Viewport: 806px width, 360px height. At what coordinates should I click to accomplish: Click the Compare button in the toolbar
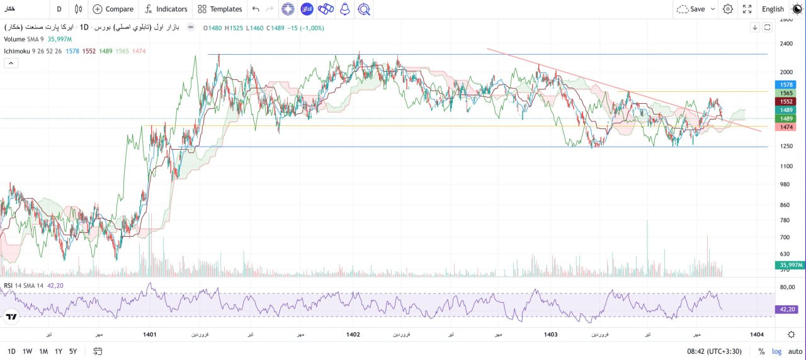tap(113, 9)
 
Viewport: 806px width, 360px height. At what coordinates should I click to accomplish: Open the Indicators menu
tap(166, 9)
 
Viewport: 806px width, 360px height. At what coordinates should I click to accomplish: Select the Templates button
tap(220, 9)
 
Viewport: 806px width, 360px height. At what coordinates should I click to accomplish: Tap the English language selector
tap(773, 9)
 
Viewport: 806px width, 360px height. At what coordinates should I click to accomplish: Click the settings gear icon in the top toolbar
tap(728, 9)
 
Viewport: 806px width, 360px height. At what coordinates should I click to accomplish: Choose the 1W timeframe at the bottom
tap(27, 351)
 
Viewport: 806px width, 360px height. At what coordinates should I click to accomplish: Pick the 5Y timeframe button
tap(73, 351)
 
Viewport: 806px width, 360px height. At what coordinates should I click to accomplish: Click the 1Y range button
tap(59, 351)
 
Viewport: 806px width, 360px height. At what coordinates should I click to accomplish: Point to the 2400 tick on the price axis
tap(786, 43)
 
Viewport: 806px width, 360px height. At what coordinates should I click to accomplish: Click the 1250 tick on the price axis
tap(786, 146)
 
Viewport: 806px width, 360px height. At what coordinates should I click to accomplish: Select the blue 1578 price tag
tap(787, 84)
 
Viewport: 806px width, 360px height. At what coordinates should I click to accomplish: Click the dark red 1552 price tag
tap(787, 101)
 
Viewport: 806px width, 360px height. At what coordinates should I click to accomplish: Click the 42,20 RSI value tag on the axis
tap(786, 309)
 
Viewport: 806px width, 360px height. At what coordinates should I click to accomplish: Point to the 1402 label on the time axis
tap(353, 335)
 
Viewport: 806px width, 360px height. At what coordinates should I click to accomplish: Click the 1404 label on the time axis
tap(758, 335)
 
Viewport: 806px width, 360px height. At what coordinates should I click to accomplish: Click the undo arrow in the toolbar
tap(255, 9)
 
